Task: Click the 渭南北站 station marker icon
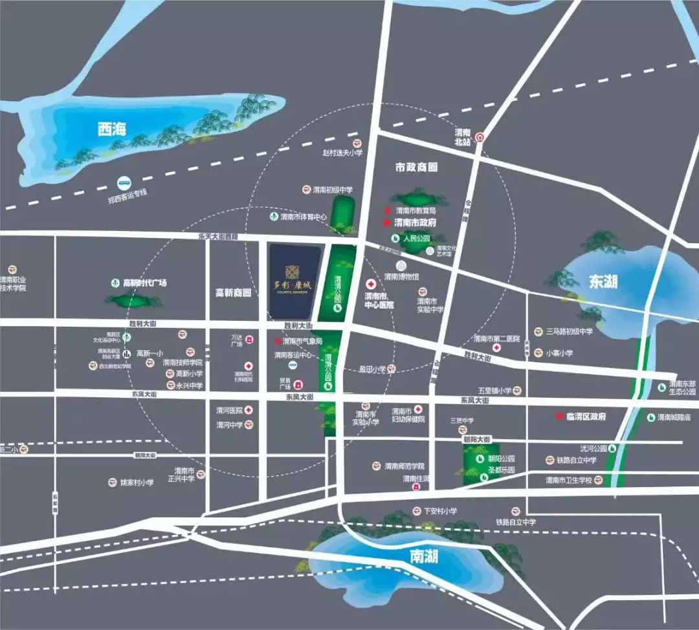(x=480, y=137)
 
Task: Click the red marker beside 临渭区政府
(x=560, y=417)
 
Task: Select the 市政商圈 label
(x=416, y=167)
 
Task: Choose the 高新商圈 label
(x=233, y=292)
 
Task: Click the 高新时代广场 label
(x=144, y=283)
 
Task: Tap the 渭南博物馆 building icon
(x=401, y=265)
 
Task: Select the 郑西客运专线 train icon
(x=123, y=184)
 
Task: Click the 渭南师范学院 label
(x=404, y=466)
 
